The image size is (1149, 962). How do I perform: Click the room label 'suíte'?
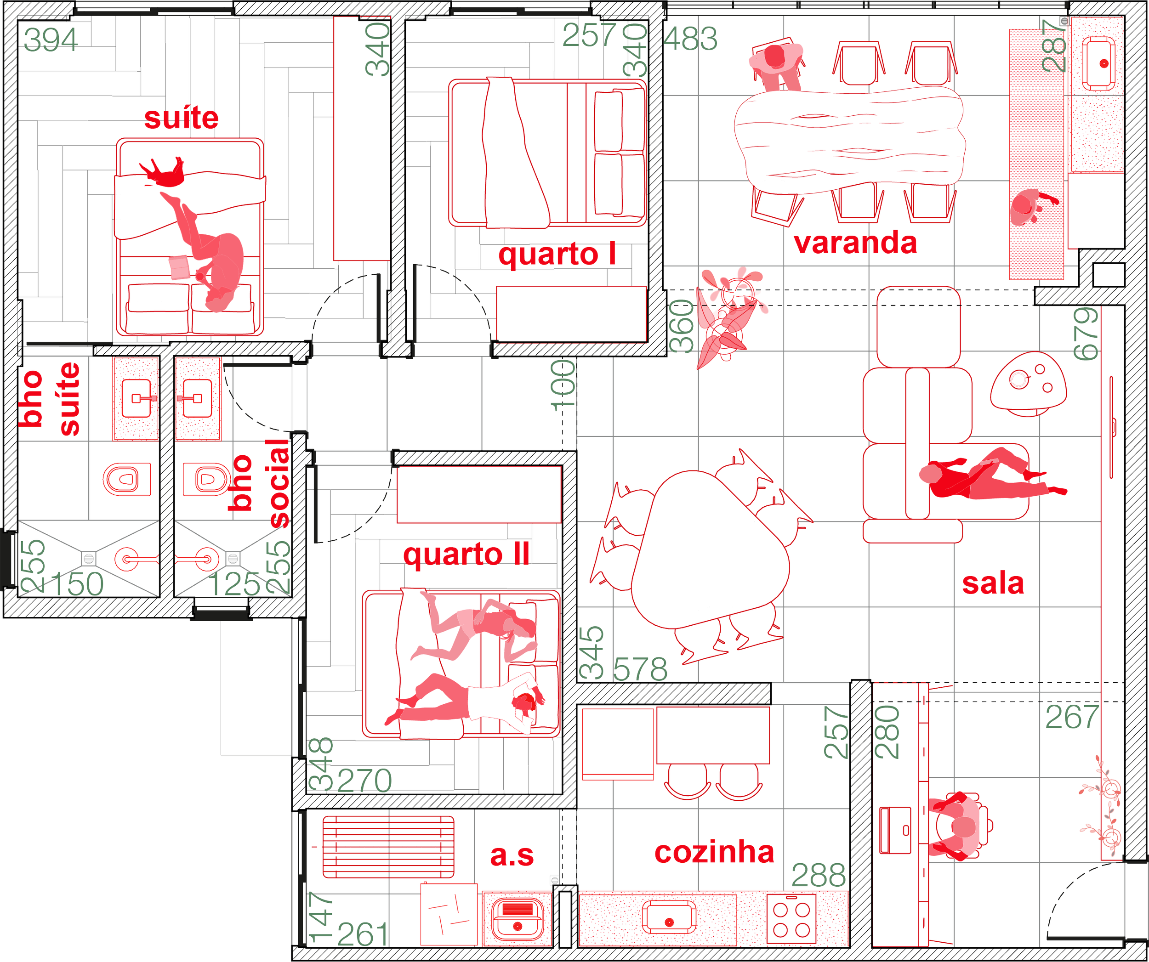(x=181, y=118)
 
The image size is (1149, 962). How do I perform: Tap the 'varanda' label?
(x=856, y=243)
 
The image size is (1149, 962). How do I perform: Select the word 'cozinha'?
(x=715, y=852)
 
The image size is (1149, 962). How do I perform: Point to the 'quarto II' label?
(x=466, y=554)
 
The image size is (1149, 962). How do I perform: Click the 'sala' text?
(x=993, y=583)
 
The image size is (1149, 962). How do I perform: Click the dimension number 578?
(x=641, y=669)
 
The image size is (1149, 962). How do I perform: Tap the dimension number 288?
(x=819, y=875)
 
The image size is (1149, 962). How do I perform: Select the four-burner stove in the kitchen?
(x=791, y=920)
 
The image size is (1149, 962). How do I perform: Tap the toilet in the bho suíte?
(x=127, y=480)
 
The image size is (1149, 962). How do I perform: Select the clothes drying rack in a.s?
(x=387, y=846)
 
